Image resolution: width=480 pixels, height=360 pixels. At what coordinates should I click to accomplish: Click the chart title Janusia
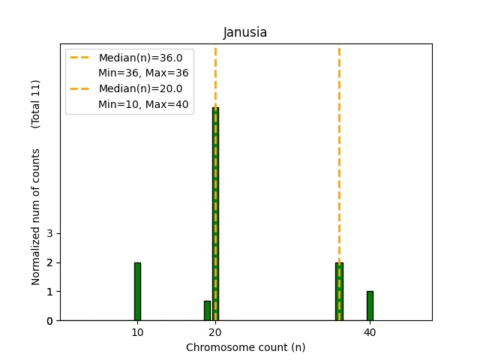coord(245,33)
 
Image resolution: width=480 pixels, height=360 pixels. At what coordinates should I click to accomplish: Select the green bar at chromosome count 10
coord(137,291)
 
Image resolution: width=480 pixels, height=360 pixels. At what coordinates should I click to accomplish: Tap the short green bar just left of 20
coord(207,310)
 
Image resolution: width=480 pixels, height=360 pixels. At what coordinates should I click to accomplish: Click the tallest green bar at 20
coord(215,214)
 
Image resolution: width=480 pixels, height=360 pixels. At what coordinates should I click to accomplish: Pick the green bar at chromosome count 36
coord(339,291)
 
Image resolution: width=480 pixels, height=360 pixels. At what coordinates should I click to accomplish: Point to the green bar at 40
coord(370,305)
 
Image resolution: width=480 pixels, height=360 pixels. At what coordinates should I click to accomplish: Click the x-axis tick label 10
coord(137,332)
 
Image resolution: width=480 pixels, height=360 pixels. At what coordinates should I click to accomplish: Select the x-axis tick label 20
coord(215,332)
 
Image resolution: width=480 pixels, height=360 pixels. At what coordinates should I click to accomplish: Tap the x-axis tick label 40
coord(370,332)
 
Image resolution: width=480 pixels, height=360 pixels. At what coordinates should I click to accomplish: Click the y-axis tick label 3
coord(49,234)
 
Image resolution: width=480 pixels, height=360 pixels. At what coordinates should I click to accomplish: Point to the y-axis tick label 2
coord(49,262)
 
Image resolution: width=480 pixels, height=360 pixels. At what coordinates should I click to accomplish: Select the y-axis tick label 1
coord(49,292)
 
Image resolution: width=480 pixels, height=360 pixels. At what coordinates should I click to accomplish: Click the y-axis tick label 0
coord(49,321)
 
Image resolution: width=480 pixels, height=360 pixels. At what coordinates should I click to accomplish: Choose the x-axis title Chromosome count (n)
coord(245,347)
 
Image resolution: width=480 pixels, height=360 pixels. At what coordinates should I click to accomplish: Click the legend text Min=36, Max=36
coord(143,73)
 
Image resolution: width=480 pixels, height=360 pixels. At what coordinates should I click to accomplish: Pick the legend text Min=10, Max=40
coord(143,103)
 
